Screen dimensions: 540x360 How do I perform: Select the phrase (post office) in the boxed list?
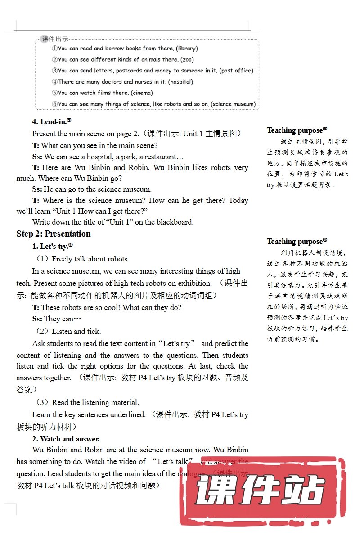coord(236,71)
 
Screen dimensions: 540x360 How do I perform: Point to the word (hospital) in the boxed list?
coord(180,82)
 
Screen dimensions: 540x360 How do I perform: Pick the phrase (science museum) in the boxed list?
coord(233,104)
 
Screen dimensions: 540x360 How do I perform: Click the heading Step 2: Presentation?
coord(54,234)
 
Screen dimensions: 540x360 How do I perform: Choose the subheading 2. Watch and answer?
coord(66,438)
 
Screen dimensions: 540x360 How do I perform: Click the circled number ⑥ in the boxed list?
coord(54,104)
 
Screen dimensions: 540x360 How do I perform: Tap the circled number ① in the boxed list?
coord(54,49)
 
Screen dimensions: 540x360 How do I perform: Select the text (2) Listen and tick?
coord(68,331)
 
